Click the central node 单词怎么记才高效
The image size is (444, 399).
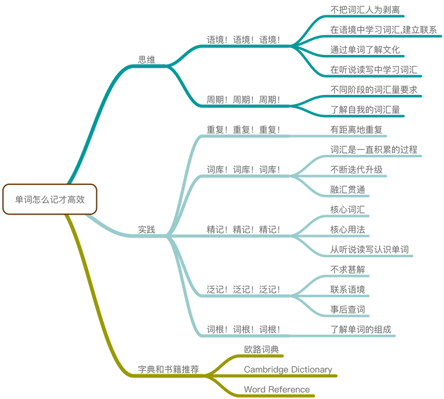coord(49,199)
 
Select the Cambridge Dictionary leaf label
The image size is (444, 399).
coord(288,369)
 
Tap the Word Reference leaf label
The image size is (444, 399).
coord(276,389)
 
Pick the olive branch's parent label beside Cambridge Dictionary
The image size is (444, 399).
coord(168,369)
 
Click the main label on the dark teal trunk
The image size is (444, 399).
coord(146,60)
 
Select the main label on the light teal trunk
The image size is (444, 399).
coord(146,229)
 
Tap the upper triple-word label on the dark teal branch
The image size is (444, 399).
coord(244,39)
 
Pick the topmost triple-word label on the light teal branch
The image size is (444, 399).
coord(244,129)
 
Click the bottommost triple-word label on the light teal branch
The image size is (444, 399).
coord(244,328)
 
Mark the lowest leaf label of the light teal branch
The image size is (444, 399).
coord(362,328)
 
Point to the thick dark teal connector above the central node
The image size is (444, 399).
coord(92,123)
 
